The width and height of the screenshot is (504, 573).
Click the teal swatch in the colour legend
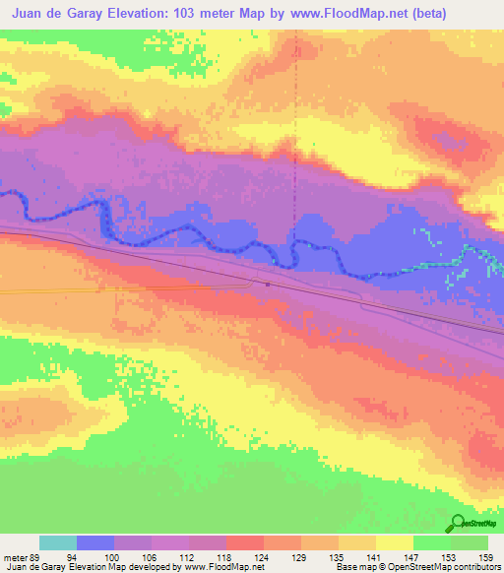pos(57,542)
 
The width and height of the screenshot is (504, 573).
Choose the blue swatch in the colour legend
pos(94,542)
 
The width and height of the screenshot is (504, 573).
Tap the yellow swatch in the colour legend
pos(394,542)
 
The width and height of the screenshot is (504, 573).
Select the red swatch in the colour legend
pos(244,542)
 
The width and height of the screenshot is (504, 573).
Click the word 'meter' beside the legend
pos(14,556)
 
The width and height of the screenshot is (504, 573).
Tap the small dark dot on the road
pos(268,285)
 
